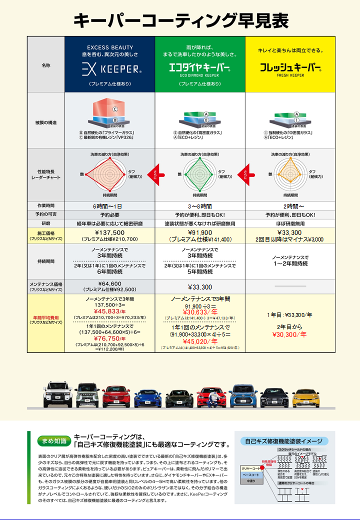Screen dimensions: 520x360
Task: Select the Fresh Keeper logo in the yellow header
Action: click(290, 67)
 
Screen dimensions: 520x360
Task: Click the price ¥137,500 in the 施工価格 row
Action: click(109, 232)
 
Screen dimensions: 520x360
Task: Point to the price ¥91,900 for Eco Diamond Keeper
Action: click(200, 232)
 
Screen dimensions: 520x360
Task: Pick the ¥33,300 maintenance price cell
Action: click(200, 287)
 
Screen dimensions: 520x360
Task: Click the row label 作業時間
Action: click(45, 206)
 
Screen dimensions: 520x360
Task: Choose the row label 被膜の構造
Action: click(45, 121)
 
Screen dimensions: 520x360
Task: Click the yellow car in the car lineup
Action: click(306, 395)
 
